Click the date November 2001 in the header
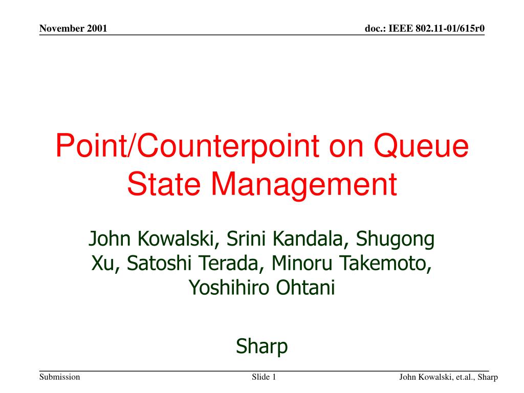[x=73, y=29]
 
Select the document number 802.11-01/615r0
[x=450, y=29]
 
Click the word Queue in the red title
[x=421, y=146]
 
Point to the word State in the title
[x=164, y=184]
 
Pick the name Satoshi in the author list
[x=159, y=263]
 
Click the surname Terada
[x=230, y=264]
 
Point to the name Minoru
[x=302, y=263]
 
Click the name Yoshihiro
[x=229, y=288]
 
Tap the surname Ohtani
[x=305, y=288]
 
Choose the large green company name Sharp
[x=261, y=346]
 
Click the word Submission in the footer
[x=60, y=377]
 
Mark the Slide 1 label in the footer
[x=264, y=377]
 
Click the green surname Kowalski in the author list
[x=176, y=238]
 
